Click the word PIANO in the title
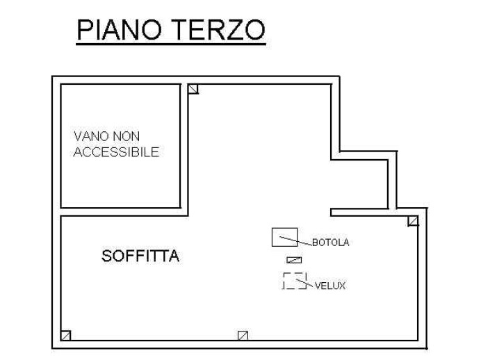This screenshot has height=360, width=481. pyautogui.click(x=119, y=30)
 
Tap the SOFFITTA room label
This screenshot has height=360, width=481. pyautogui.click(x=140, y=256)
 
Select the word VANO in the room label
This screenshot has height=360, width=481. pyautogui.click(x=91, y=136)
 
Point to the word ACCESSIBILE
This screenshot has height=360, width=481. pyautogui.click(x=117, y=152)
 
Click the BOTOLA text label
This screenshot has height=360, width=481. pyautogui.click(x=331, y=243)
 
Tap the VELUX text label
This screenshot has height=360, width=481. pyautogui.click(x=330, y=286)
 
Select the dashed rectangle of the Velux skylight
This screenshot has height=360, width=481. pyautogui.click(x=295, y=273)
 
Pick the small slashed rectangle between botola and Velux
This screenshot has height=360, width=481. pyautogui.click(x=294, y=260)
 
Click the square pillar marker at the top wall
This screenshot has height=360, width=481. pyautogui.click(x=193, y=89)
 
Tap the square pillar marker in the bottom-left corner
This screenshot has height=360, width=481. pyautogui.click(x=65, y=336)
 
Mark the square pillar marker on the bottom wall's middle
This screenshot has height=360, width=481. pyautogui.click(x=243, y=336)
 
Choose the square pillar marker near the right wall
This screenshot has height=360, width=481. pyautogui.click(x=413, y=221)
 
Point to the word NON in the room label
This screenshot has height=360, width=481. pyautogui.click(x=127, y=136)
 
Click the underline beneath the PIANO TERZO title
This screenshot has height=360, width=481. pyautogui.click(x=171, y=44)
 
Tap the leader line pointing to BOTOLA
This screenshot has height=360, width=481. pyautogui.click(x=295, y=240)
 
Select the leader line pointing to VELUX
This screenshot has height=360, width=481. pyautogui.click(x=305, y=283)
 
